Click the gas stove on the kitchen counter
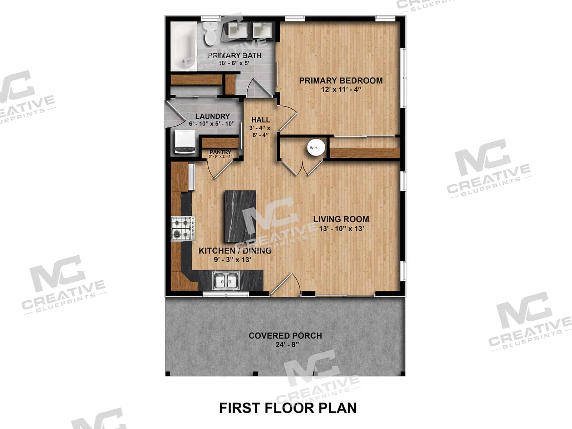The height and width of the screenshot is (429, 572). [x=183, y=228]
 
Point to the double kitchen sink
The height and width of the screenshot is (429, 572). [x=226, y=281]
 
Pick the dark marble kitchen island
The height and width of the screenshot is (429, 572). [x=240, y=216]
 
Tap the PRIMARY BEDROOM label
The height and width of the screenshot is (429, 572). [x=341, y=81]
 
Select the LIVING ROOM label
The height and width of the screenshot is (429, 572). [x=341, y=219]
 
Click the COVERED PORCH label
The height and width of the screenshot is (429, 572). [x=285, y=336]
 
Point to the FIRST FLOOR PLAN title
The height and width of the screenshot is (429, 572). [x=288, y=408]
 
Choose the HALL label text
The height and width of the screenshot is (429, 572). [x=260, y=120]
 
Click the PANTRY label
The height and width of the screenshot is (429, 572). [x=220, y=152]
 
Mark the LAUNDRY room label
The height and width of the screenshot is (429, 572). [x=212, y=117]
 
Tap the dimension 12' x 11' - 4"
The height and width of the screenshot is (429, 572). [x=341, y=89]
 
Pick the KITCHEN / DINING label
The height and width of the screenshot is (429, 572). [x=235, y=251]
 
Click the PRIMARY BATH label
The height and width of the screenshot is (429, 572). [x=235, y=55]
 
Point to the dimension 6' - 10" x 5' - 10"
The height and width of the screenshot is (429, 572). [x=212, y=124]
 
